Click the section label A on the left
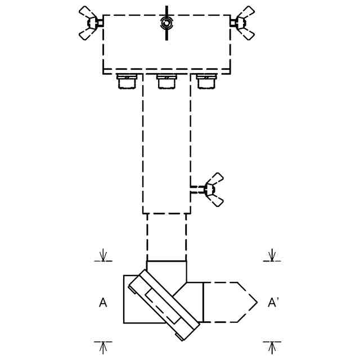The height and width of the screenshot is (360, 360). click(x=103, y=303)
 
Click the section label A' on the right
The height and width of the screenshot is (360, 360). click(x=273, y=303)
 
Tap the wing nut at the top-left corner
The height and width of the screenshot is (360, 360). click(x=90, y=23)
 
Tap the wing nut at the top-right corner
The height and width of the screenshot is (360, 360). click(x=243, y=23)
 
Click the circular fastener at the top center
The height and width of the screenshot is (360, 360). click(x=166, y=23)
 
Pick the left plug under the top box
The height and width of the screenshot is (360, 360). click(x=127, y=82)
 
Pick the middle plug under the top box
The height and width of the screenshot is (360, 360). click(x=166, y=82)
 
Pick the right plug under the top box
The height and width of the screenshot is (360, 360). click(x=206, y=82)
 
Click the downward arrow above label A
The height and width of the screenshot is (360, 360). click(x=103, y=255)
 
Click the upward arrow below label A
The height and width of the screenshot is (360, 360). click(x=103, y=347)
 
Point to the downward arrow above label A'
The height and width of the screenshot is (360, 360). click(x=272, y=255)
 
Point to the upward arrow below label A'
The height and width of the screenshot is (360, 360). click(x=272, y=347)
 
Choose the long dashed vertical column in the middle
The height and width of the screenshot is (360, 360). click(x=166, y=143)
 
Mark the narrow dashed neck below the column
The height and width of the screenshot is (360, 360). click(x=166, y=237)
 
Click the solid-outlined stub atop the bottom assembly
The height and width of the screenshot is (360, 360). click(x=166, y=270)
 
